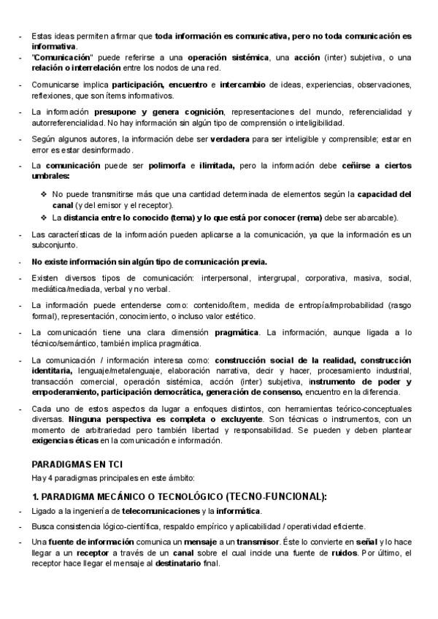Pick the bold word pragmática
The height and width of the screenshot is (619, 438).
[238, 333]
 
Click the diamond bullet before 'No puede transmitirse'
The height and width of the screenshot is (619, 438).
[45, 195]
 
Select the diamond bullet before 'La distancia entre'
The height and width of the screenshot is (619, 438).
[45, 218]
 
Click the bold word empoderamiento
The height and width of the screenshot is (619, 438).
[66, 392]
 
